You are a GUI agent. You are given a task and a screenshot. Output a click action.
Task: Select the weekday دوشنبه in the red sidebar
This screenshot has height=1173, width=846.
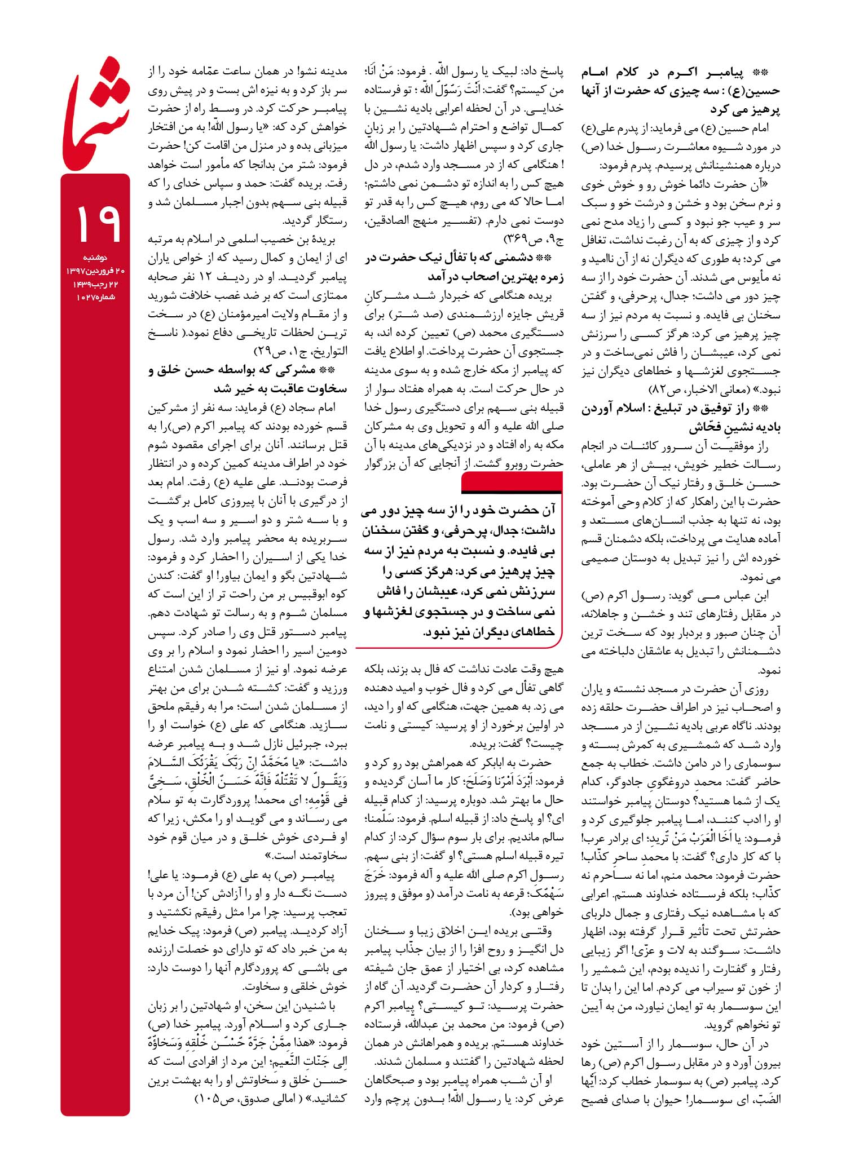(95, 258)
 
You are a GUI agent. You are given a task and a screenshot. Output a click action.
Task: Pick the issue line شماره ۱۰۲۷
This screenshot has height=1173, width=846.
(95, 297)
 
